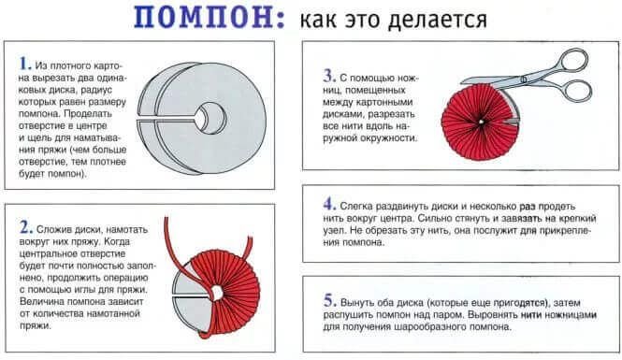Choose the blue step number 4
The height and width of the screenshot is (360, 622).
pyautogui.click(x=329, y=202)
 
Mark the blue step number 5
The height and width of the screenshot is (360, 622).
pyautogui.click(x=329, y=301)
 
